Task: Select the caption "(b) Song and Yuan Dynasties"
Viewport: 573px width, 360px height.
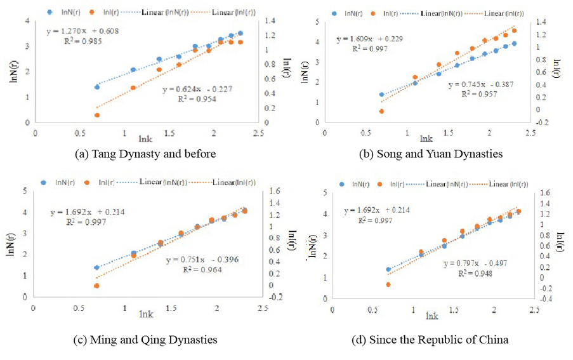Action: [430, 154]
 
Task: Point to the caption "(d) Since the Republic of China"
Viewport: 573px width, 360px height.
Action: [430, 340]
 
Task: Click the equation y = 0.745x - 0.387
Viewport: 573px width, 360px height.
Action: [480, 84]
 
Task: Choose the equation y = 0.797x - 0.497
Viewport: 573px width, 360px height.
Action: [475, 263]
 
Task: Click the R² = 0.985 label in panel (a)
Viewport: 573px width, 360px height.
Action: [82, 41]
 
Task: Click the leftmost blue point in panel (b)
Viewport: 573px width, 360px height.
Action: [381, 95]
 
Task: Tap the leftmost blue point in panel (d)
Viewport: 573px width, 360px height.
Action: [388, 270]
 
